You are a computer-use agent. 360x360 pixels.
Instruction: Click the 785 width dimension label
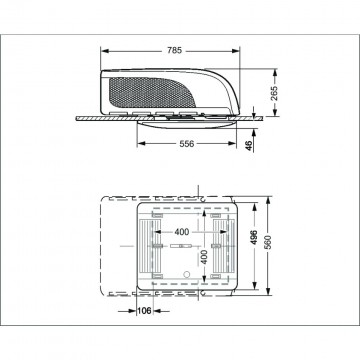[174, 51]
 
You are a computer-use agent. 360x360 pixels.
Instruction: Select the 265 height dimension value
[274, 93]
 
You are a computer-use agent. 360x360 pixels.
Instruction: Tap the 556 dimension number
[187, 144]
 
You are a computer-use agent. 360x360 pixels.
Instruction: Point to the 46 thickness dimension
[249, 145]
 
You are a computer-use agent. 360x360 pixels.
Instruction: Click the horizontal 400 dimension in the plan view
[181, 232]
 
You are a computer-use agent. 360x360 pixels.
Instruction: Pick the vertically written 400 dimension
[204, 257]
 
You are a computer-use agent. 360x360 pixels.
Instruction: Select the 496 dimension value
[254, 237]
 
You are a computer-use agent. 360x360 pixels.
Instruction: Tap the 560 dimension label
[268, 243]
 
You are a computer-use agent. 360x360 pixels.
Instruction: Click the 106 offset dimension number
[144, 311]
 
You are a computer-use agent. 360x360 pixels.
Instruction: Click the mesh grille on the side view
[152, 93]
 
